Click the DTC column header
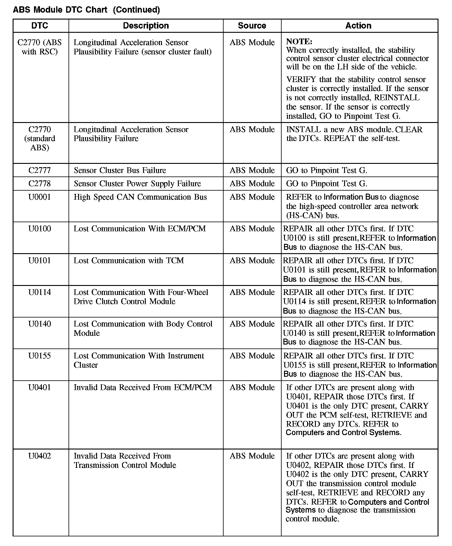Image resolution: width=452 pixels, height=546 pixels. pyautogui.click(x=40, y=26)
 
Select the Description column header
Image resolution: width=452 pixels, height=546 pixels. pyautogui.click(x=146, y=26)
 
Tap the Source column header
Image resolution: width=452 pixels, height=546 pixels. pyautogui.click(x=252, y=26)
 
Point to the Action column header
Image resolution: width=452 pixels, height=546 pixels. pyautogui.click(x=358, y=26)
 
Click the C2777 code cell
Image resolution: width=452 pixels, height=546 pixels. pyautogui.click(x=40, y=170)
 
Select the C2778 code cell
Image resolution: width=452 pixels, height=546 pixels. pyautogui.click(x=40, y=184)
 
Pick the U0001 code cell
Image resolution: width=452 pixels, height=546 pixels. pyautogui.click(x=40, y=197)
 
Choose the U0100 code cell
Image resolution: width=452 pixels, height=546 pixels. pyautogui.click(x=40, y=229)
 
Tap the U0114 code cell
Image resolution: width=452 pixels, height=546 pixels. pyautogui.click(x=40, y=292)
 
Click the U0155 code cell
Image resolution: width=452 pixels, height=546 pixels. pyautogui.click(x=40, y=356)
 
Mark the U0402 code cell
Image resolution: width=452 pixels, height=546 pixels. pyautogui.click(x=40, y=456)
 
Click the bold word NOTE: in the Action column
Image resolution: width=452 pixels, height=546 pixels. pyautogui.click(x=299, y=41)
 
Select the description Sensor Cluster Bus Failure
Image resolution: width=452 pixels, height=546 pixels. pyautogui.click(x=120, y=170)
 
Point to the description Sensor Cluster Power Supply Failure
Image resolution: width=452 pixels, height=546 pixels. pyautogui.click(x=137, y=184)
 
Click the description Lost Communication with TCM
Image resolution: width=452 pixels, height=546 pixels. pyautogui.click(x=129, y=261)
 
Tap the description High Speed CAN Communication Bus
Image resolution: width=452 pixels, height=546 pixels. pyautogui.click(x=140, y=197)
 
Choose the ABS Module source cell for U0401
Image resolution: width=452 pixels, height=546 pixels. pyautogui.click(x=252, y=388)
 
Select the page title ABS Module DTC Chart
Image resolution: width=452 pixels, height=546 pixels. pyautogui.click(x=60, y=10)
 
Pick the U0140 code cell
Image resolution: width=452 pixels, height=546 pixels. pyautogui.click(x=40, y=324)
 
